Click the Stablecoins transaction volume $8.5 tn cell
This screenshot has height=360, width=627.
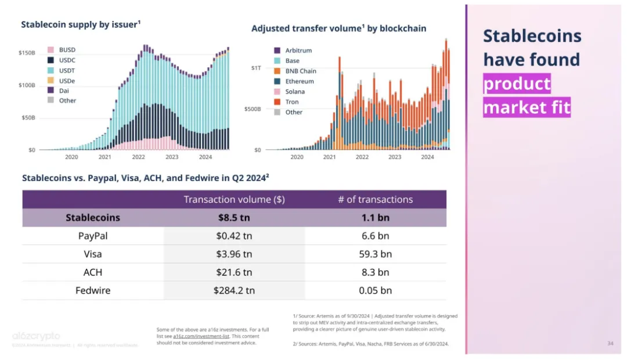click(x=234, y=218)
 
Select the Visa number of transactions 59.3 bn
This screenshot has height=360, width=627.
click(x=375, y=254)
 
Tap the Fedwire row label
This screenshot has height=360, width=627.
click(x=93, y=290)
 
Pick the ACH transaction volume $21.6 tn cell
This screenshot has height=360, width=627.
click(x=234, y=272)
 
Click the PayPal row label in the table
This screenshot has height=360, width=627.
click(x=93, y=236)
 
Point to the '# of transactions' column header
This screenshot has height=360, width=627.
click(x=375, y=199)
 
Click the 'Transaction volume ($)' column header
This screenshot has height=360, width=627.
click(x=234, y=199)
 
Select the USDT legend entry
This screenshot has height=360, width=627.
click(x=67, y=70)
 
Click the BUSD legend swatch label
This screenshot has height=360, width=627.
click(x=67, y=50)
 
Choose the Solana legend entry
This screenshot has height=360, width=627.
click(x=294, y=92)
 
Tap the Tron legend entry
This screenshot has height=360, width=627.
click(x=292, y=102)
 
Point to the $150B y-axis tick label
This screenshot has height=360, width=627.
click(x=27, y=53)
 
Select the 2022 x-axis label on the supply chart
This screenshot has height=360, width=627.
click(x=138, y=157)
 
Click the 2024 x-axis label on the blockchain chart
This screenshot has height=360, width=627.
click(x=427, y=157)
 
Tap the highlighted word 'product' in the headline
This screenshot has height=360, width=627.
click(x=517, y=84)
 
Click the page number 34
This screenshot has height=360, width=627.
click(x=610, y=344)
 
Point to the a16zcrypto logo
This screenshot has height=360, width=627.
click(x=36, y=336)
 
